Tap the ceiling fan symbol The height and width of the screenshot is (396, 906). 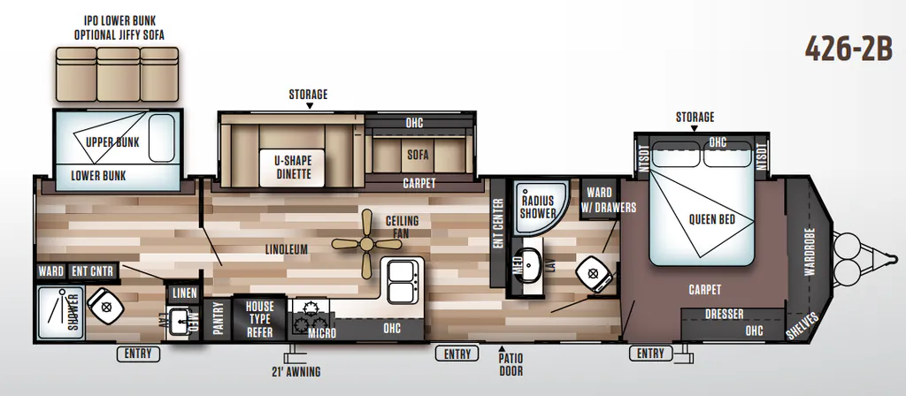366,244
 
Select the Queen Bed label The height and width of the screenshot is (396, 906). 712,219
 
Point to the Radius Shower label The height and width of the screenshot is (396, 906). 537,206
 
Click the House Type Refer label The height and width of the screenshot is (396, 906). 259,319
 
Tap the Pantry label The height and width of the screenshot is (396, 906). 218,320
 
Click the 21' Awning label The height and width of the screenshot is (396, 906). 296,372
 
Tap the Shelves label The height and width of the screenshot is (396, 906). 802,325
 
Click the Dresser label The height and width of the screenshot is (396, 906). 724,314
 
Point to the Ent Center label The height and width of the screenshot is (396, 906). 498,224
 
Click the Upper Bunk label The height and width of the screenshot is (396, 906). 112,142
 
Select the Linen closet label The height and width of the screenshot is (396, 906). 185,293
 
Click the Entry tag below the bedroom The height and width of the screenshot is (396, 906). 650,353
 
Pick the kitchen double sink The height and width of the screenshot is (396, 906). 403,281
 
